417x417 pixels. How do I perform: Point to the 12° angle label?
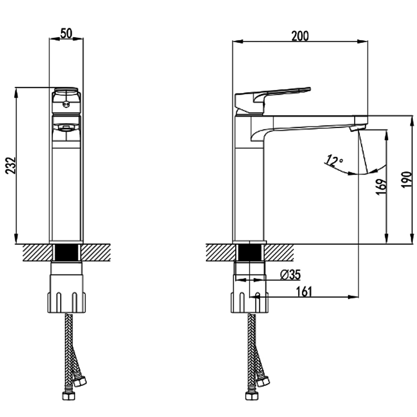tap(334, 161)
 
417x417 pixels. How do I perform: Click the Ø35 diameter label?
tap(290, 274)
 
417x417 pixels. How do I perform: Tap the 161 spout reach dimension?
tap(304, 291)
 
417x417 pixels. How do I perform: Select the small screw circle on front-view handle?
tap(65, 105)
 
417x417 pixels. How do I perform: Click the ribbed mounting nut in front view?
tap(67, 300)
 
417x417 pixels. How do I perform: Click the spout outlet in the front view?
tap(66, 127)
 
